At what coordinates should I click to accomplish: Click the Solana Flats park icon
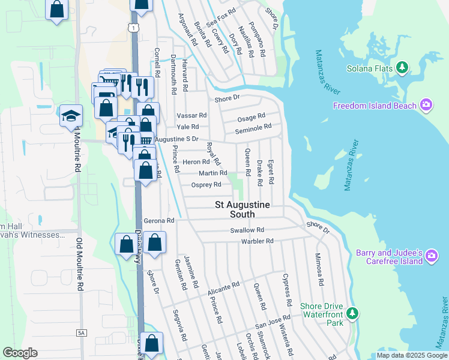pos(402,68)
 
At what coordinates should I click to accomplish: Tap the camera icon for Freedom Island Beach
pos(426,106)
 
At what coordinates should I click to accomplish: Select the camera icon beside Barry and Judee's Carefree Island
pos(432,257)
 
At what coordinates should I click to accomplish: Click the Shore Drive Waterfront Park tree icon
pos(354,313)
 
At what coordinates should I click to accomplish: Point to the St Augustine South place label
pos(243,209)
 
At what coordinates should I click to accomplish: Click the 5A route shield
pos(82,332)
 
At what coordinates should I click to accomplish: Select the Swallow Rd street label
pos(247,230)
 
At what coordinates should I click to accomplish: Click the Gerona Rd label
pos(158,221)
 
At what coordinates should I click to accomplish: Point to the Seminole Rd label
pos(253,127)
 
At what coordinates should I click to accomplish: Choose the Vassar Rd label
pos(191,115)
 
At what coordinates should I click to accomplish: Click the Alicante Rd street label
pos(223,287)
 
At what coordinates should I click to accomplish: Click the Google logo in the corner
pos(20,353)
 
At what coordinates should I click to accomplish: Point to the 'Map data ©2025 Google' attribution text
pos(411,355)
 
